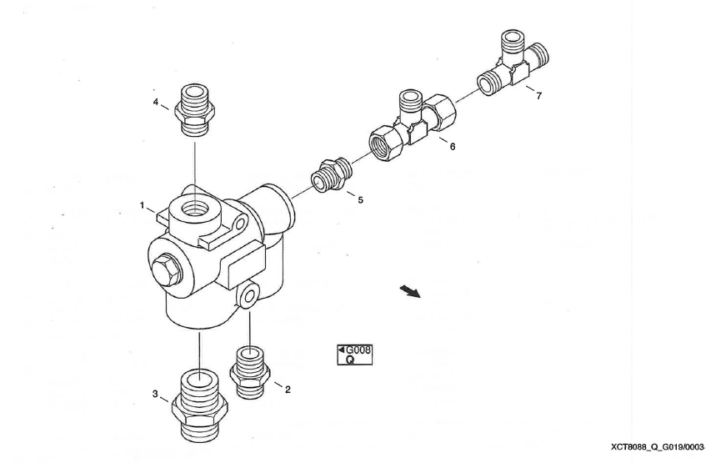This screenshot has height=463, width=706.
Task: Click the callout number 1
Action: [143, 204]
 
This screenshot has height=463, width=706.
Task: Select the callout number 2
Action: [288, 390]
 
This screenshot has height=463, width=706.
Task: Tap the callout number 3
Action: [155, 393]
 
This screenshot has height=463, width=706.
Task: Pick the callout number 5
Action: [360, 200]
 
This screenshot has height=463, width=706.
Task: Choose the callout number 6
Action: [453, 146]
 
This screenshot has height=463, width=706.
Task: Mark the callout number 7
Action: [538, 96]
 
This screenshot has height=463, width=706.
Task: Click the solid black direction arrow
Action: [408, 289]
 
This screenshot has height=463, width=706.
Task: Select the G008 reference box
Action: [354, 355]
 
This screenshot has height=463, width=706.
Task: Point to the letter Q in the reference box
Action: [350, 360]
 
